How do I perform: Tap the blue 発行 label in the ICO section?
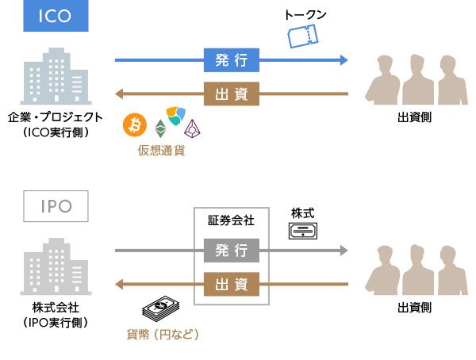coord(232,59)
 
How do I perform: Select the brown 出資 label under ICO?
coord(232,94)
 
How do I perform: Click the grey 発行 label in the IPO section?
coord(232,251)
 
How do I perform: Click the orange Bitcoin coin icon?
coord(136,124)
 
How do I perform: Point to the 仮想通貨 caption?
coord(161,150)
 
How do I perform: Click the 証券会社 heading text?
coord(232,219)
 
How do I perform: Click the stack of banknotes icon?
coord(159,310)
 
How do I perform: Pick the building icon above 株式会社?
coord(54,267)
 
